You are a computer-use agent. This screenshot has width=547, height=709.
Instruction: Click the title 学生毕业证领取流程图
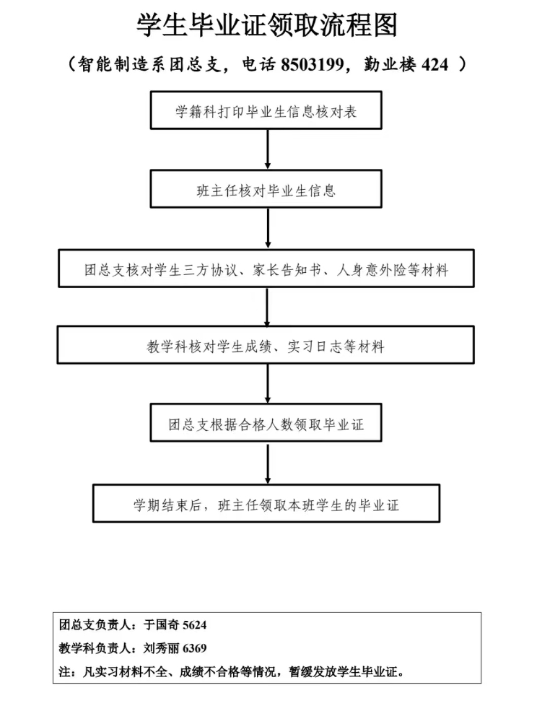tap(266, 25)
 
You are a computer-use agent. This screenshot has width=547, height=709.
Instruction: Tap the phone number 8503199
tap(312, 65)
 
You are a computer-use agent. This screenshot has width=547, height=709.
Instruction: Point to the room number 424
tap(435, 65)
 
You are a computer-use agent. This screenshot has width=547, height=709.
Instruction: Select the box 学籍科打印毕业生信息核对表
tap(266, 110)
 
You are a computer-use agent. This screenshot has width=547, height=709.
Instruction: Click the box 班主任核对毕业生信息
tap(266, 189)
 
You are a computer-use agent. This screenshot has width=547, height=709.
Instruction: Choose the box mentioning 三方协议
tap(266, 268)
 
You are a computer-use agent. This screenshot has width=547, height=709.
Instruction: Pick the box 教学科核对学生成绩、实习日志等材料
tap(266, 345)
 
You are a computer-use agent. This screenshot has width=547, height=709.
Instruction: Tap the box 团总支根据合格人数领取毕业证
tap(266, 423)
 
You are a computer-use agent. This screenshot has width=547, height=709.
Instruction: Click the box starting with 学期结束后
tap(266, 504)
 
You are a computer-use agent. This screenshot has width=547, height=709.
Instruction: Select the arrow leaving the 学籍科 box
tap(268, 150)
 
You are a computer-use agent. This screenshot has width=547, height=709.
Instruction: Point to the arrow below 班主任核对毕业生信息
tap(268, 228)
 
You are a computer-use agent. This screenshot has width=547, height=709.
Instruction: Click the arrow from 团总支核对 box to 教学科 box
tap(267, 307)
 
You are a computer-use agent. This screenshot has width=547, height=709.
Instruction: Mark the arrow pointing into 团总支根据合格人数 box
tap(268, 384)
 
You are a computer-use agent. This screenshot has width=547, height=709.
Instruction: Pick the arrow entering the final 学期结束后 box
tap(268, 464)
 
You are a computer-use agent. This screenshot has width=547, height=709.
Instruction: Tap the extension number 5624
tap(194, 625)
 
